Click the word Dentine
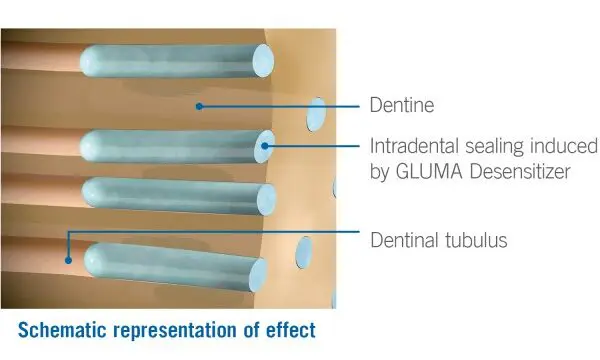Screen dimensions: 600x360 [x=402, y=105]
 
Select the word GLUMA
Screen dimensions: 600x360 [x=429, y=171]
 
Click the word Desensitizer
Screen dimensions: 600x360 [x=520, y=171]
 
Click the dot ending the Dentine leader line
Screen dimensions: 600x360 [x=199, y=106]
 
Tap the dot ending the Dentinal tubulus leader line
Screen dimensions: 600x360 [x=68, y=260]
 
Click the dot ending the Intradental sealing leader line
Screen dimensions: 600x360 [x=265, y=146]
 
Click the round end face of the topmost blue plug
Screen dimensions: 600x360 [x=263, y=60]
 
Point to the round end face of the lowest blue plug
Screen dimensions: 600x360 [x=258, y=275]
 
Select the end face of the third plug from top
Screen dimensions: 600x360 [x=266, y=200]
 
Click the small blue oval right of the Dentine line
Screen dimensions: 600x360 [x=316, y=114]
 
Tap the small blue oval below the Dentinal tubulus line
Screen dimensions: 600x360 [x=304, y=252]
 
